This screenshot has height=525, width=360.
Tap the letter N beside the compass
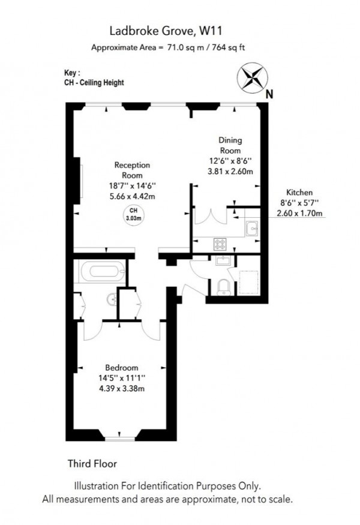point(269,93)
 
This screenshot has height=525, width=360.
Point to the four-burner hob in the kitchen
point(220,244)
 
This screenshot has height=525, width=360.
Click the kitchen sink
point(252,228)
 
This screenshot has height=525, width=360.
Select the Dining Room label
point(230,145)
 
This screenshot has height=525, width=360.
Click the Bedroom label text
point(122,368)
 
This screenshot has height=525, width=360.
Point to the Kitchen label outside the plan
point(298,193)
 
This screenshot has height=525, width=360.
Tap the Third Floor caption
point(92,463)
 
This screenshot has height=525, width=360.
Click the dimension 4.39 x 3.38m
point(122,389)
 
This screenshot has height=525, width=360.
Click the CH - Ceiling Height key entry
point(94,83)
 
